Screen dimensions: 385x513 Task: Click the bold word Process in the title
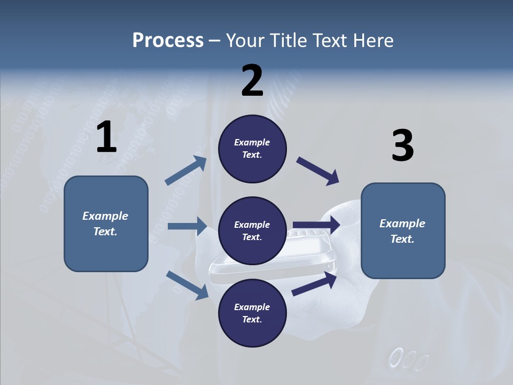pyautogui.click(x=168, y=41)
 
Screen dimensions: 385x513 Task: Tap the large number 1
pyautogui.click(x=106, y=137)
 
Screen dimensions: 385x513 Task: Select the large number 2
pyautogui.click(x=252, y=81)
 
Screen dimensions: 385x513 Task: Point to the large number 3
pyautogui.click(x=402, y=146)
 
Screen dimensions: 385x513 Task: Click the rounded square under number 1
pyautogui.click(x=106, y=224)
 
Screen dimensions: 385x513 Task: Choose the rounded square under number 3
pyautogui.click(x=403, y=231)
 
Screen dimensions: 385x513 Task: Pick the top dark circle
pyautogui.click(x=252, y=149)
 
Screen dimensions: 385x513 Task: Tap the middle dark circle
pyautogui.click(x=252, y=231)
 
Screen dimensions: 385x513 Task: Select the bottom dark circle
pyautogui.click(x=252, y=313)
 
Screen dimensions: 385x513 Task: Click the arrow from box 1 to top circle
pyautogui.click(x=186, y=171)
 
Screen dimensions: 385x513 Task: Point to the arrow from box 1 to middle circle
pyautogui.click(x=187, y=226)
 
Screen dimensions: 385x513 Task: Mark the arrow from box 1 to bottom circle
pyautogui.click(x=187, y=285)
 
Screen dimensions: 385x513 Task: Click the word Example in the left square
pyautogui.click(x=105, y=216)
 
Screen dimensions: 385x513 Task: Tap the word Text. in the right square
pyautogui.click(x=402, y=239)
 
